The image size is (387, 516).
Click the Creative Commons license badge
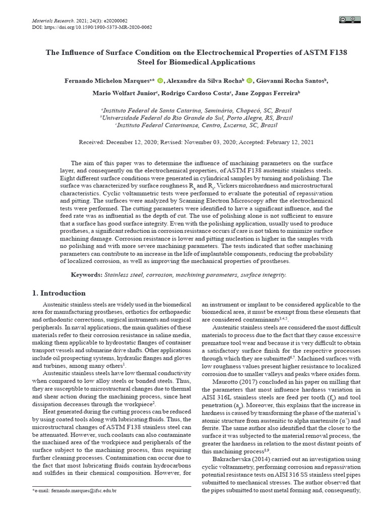(x=348, y=20)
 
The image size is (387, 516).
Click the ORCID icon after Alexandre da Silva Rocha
(x=250, y=81)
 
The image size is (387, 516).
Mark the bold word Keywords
(x=86, y=275)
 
